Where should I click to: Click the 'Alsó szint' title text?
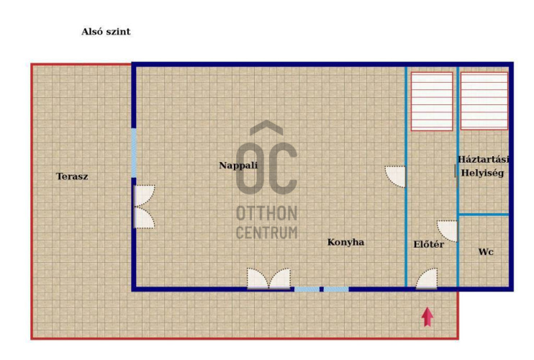tap(106, 32)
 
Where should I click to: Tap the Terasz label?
tap(72, 176)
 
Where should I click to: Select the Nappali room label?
tap(238, 166)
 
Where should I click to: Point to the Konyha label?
tap(345, 242)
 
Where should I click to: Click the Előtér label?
tap(429, 244)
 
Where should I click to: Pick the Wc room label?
tap(486, 252)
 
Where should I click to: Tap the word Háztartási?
tap(483, 159)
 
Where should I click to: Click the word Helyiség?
tap(483, 173)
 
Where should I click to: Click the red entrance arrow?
tap(427, 317)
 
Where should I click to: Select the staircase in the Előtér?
tap(432, 101)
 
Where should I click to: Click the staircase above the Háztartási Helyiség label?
tap(484, 101)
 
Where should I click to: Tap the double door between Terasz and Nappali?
tap(145, 207)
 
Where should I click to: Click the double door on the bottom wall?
tap(268, 279)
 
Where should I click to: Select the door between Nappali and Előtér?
tap(396, 176)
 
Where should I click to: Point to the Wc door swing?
tap(447, 231)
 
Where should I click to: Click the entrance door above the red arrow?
tap(426, 279)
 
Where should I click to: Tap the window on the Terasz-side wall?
tap(134, 153)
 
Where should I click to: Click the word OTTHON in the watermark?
tap(267, 214)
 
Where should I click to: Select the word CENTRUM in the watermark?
tap(267, 233)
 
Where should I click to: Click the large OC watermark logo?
tap(267, 158)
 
